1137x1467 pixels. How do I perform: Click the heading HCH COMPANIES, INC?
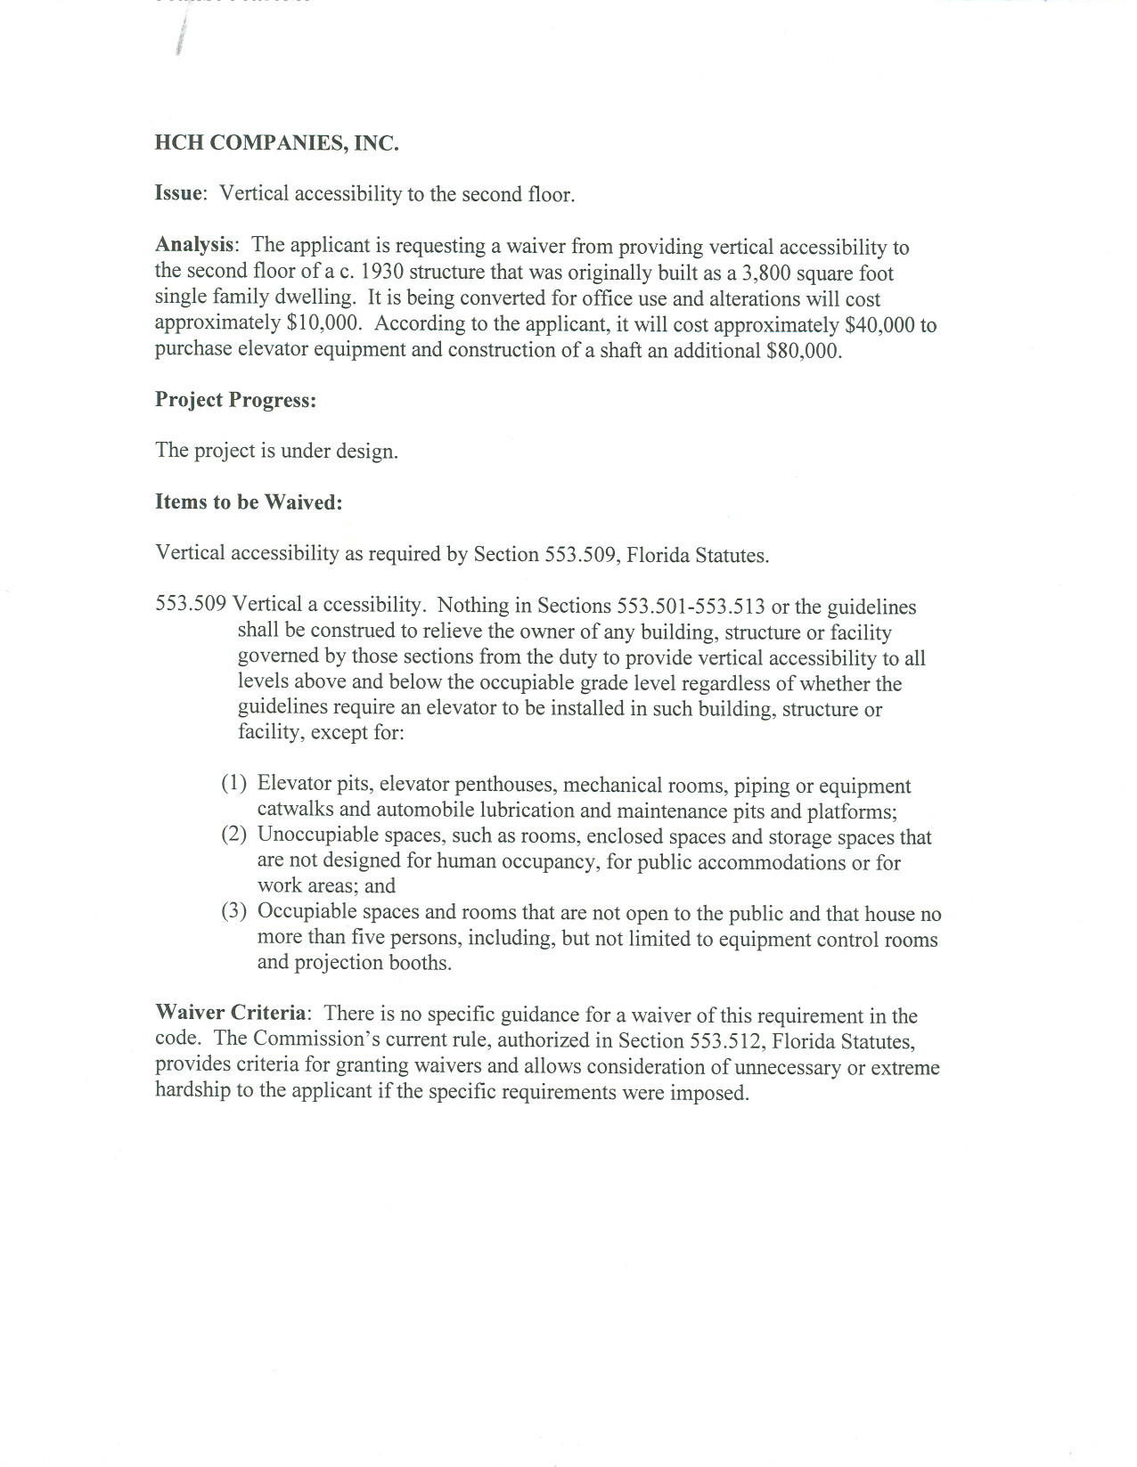click(x=276, y=143)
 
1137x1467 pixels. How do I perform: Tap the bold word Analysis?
click(x=196, y=245)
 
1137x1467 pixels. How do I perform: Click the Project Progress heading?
click(x=235, y=400)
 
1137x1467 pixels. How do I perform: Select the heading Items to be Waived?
click(x=249, y=502)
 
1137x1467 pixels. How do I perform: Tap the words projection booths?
click(x=376, y=964)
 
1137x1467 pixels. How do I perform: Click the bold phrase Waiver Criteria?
click(x=232, y=1015)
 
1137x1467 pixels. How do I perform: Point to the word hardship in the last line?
click(x=192, y=1092)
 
